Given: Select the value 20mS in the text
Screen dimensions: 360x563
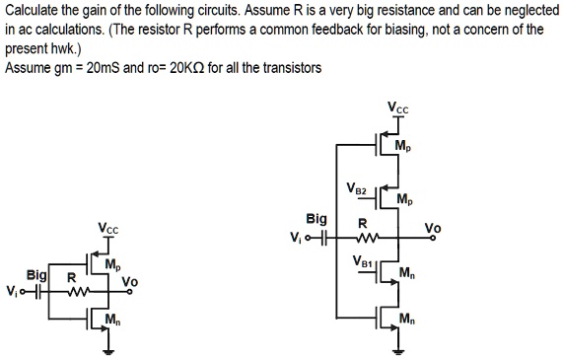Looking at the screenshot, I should [x=106, y=68].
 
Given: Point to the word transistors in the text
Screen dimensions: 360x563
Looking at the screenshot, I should [x=287, y=68].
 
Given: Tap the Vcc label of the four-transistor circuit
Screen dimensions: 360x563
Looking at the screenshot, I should [x=397, y=107].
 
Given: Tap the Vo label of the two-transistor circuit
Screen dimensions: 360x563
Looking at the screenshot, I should [x=128, y=281].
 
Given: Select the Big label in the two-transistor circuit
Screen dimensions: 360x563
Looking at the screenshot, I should [x=36, y=278].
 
